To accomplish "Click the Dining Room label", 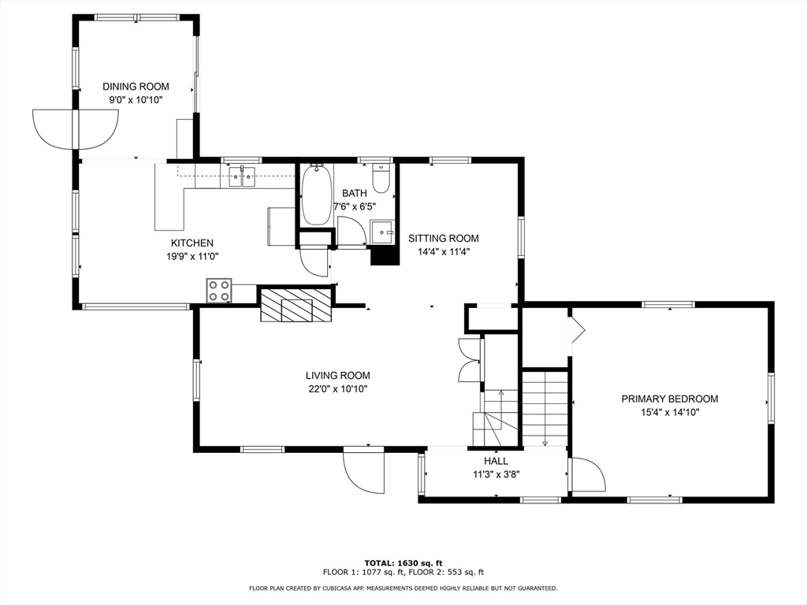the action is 136,87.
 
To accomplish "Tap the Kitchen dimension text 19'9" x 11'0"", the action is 192,256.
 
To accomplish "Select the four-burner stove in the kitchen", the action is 219,291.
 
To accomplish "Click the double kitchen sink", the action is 242,177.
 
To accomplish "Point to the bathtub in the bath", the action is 316,195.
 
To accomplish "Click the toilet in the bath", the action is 381,178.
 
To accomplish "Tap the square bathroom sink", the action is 382,232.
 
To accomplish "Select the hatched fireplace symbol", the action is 296,305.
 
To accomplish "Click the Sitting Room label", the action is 444,238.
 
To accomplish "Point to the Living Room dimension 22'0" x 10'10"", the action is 337,389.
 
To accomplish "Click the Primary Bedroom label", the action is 670,399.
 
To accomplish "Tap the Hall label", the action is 496,461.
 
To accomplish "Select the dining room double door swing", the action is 75,129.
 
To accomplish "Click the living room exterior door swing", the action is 364,471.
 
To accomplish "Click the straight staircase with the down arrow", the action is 545,409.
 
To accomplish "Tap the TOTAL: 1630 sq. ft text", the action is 403,562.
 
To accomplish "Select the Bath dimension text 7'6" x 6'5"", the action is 355,207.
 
